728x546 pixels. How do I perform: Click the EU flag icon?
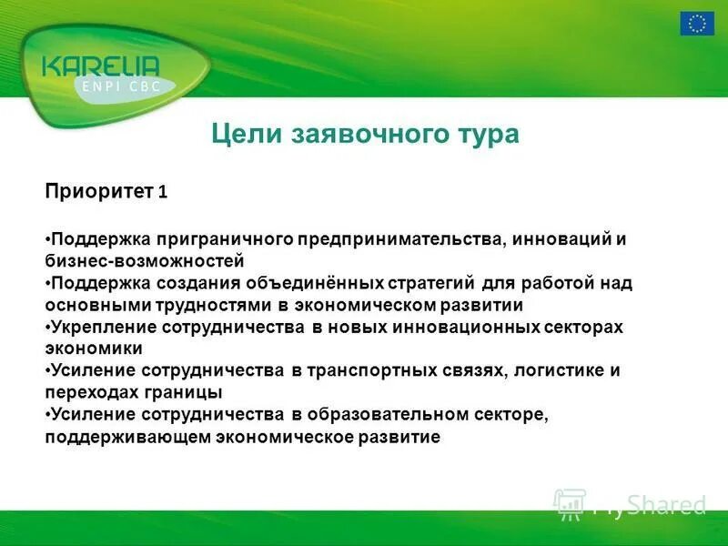pyautogui.click(x=698, y=24)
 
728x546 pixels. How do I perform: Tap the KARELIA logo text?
pyautogui.click(x=101, y=66)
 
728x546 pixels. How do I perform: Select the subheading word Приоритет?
pyautogui.click(x=99, y=192)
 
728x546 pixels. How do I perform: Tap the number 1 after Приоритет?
pyautogui.click(x=162, y=193)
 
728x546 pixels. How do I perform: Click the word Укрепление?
pyautogui.click(x=103, y=327)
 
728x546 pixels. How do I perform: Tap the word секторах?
pyautogui.click(x=584, y=327)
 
